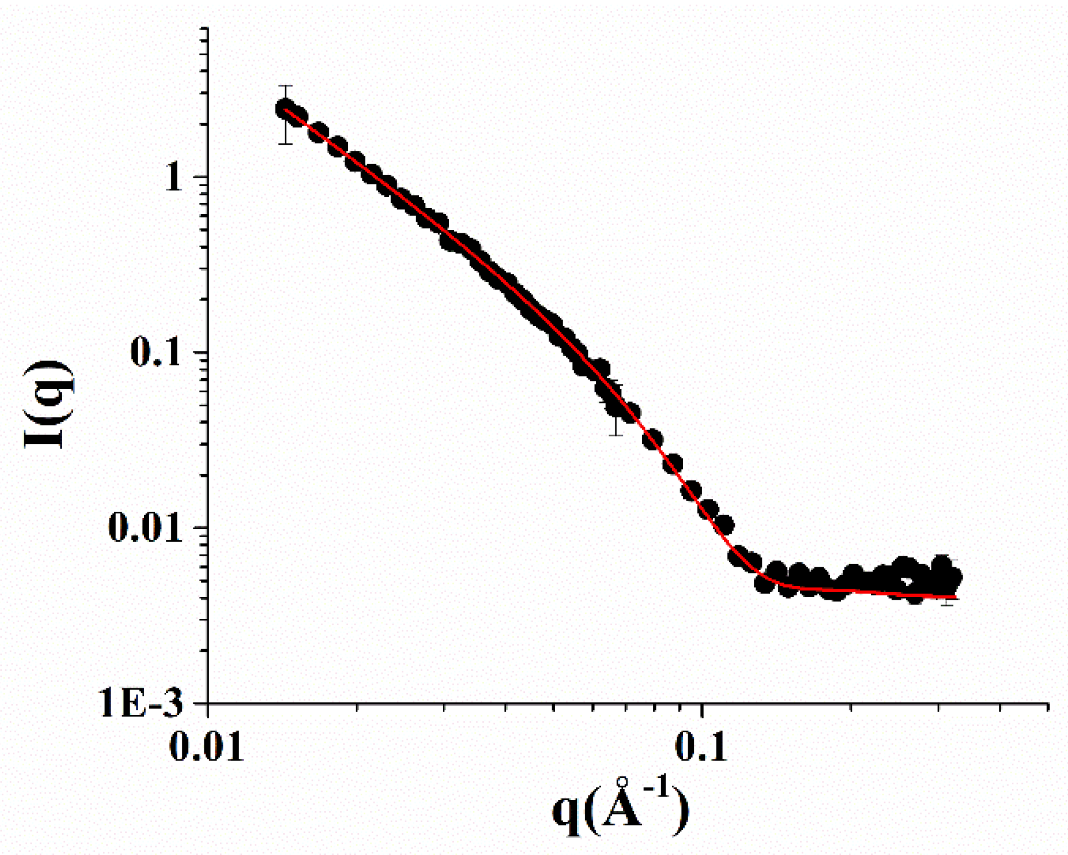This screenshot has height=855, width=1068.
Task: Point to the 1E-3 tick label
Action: [141, 704]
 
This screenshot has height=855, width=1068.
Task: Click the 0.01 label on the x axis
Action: [206, 746]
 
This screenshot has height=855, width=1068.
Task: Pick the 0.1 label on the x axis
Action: [701, 746]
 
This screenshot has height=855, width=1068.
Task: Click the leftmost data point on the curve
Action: [285, 109]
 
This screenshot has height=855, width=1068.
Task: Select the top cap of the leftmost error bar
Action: [285, 86]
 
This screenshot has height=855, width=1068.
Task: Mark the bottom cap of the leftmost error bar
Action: [285, 144]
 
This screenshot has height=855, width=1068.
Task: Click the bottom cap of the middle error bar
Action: [616, 434]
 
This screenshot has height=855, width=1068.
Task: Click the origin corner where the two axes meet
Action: [208, 704]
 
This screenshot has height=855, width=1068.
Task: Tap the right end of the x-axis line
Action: [1048, 704]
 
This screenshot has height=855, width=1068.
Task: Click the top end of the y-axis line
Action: [208, 27]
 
